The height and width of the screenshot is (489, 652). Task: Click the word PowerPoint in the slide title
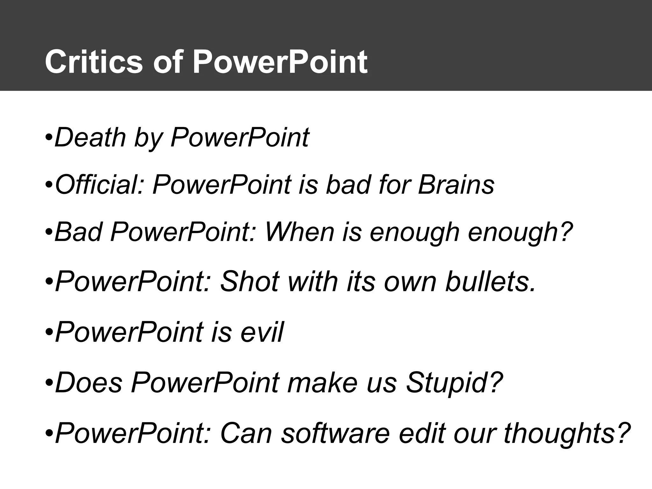pos(280,62)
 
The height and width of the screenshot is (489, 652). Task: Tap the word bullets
pos(490,282)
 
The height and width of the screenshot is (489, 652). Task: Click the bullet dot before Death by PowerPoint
pos(49,139)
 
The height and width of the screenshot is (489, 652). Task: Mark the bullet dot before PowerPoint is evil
pos(49,333)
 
